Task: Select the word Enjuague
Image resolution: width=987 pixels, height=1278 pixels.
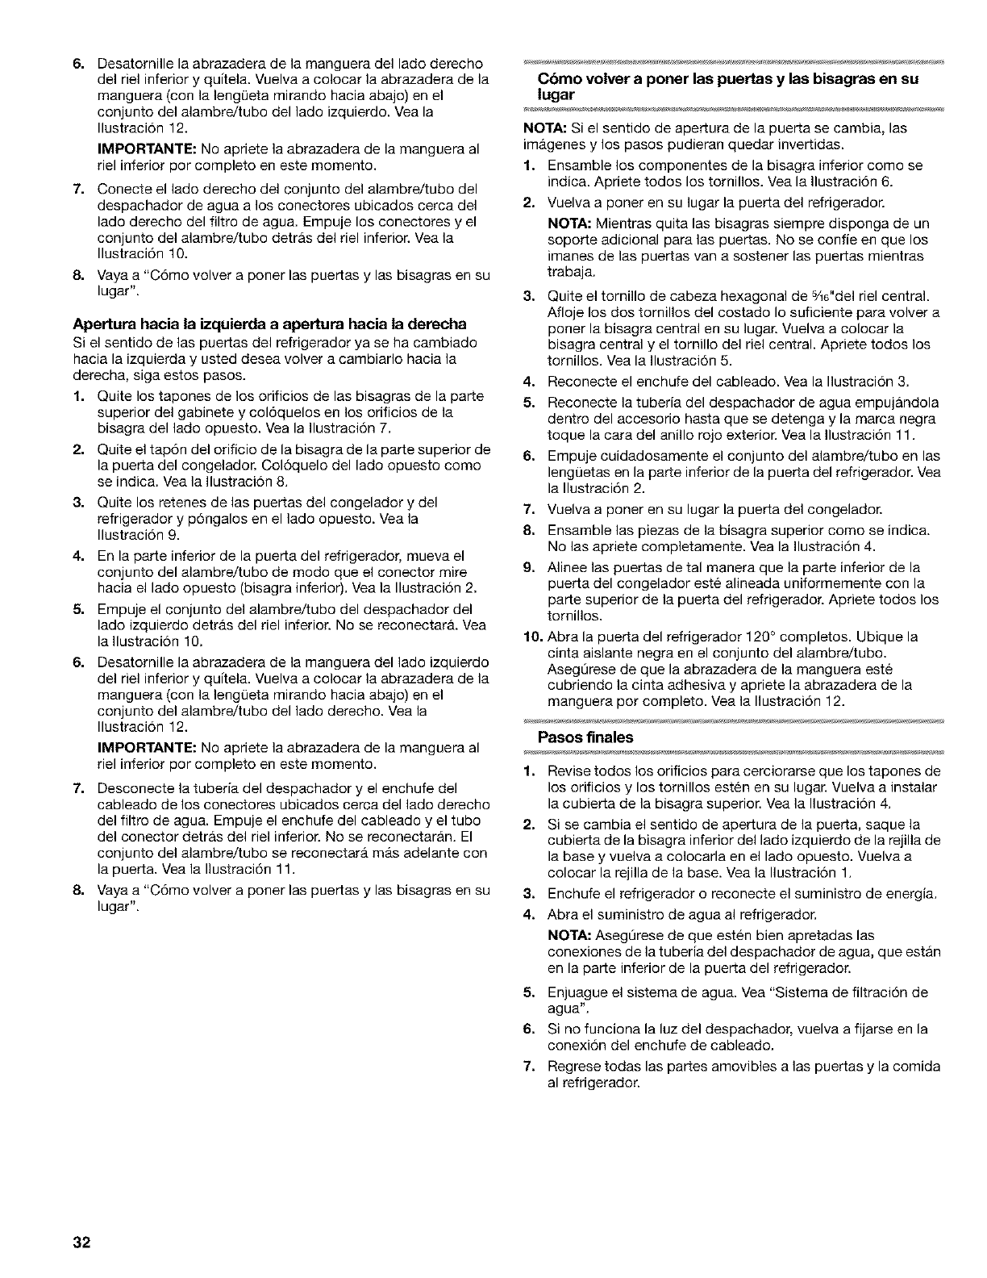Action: tap(575, 992)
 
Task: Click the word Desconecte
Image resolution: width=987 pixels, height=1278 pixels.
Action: tap(129, 788)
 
